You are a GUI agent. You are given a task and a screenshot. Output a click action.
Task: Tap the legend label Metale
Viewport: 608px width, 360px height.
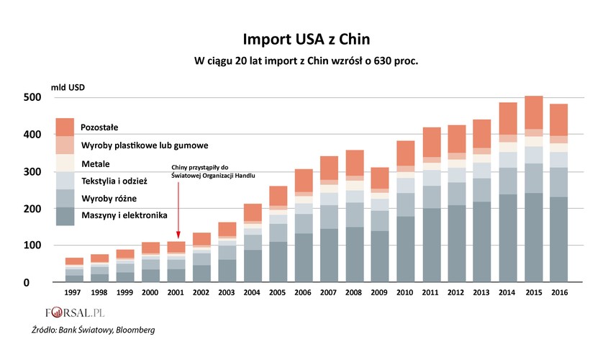(x=96, y=163)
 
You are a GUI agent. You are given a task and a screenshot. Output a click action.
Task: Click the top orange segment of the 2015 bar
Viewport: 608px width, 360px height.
(x=533, y=112)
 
